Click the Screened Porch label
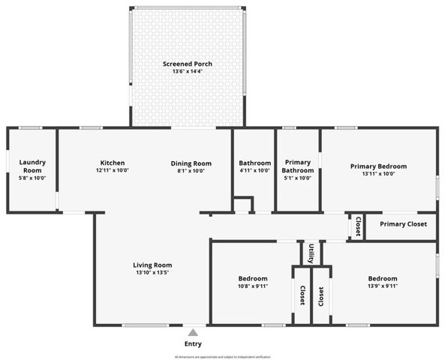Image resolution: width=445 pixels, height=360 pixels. [x=188, y=64]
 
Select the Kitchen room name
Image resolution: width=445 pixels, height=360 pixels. [x=113, y=163]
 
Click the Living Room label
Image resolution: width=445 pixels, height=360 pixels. [x=152, y=265]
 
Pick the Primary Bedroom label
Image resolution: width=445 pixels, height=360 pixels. [x=378, y=166]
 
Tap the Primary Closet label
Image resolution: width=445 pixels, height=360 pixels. [x=402, y=224]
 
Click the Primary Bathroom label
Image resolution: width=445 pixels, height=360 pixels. [x=298, y=166]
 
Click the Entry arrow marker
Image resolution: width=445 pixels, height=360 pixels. [x=193, y=332]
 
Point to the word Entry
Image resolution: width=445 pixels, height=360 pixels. [x=193, y=343]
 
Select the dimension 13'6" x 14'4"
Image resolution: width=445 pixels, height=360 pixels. [x=188, y=72]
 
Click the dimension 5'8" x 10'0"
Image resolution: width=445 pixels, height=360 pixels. [x=32, y=178]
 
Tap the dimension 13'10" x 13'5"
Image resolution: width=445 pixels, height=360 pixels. [x=152, y=273]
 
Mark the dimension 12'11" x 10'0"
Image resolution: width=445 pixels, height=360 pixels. [x=113, y=171]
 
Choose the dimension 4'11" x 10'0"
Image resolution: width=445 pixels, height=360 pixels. [x=254, y=171]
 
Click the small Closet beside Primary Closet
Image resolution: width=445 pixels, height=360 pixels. [x=358, y=227]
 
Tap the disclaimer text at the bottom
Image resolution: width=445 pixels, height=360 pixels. [x=222, y=357]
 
